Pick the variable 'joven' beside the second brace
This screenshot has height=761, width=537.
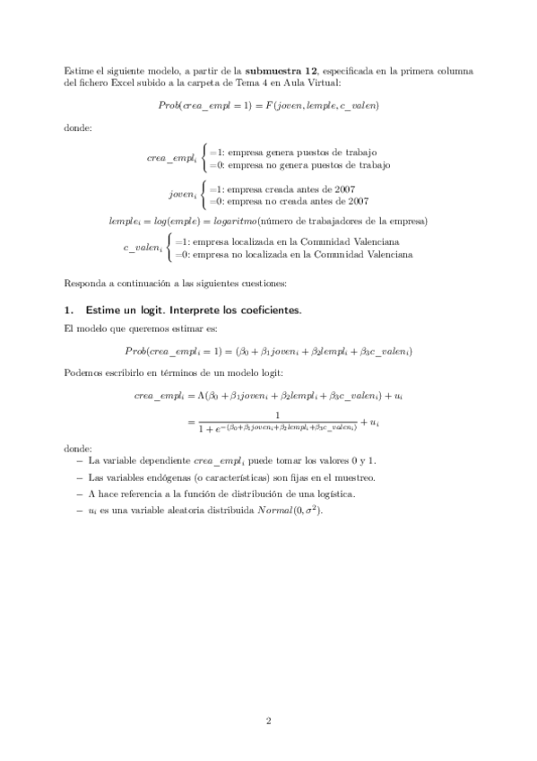(182, 194)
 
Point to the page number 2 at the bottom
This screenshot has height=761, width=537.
(268, 720)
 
